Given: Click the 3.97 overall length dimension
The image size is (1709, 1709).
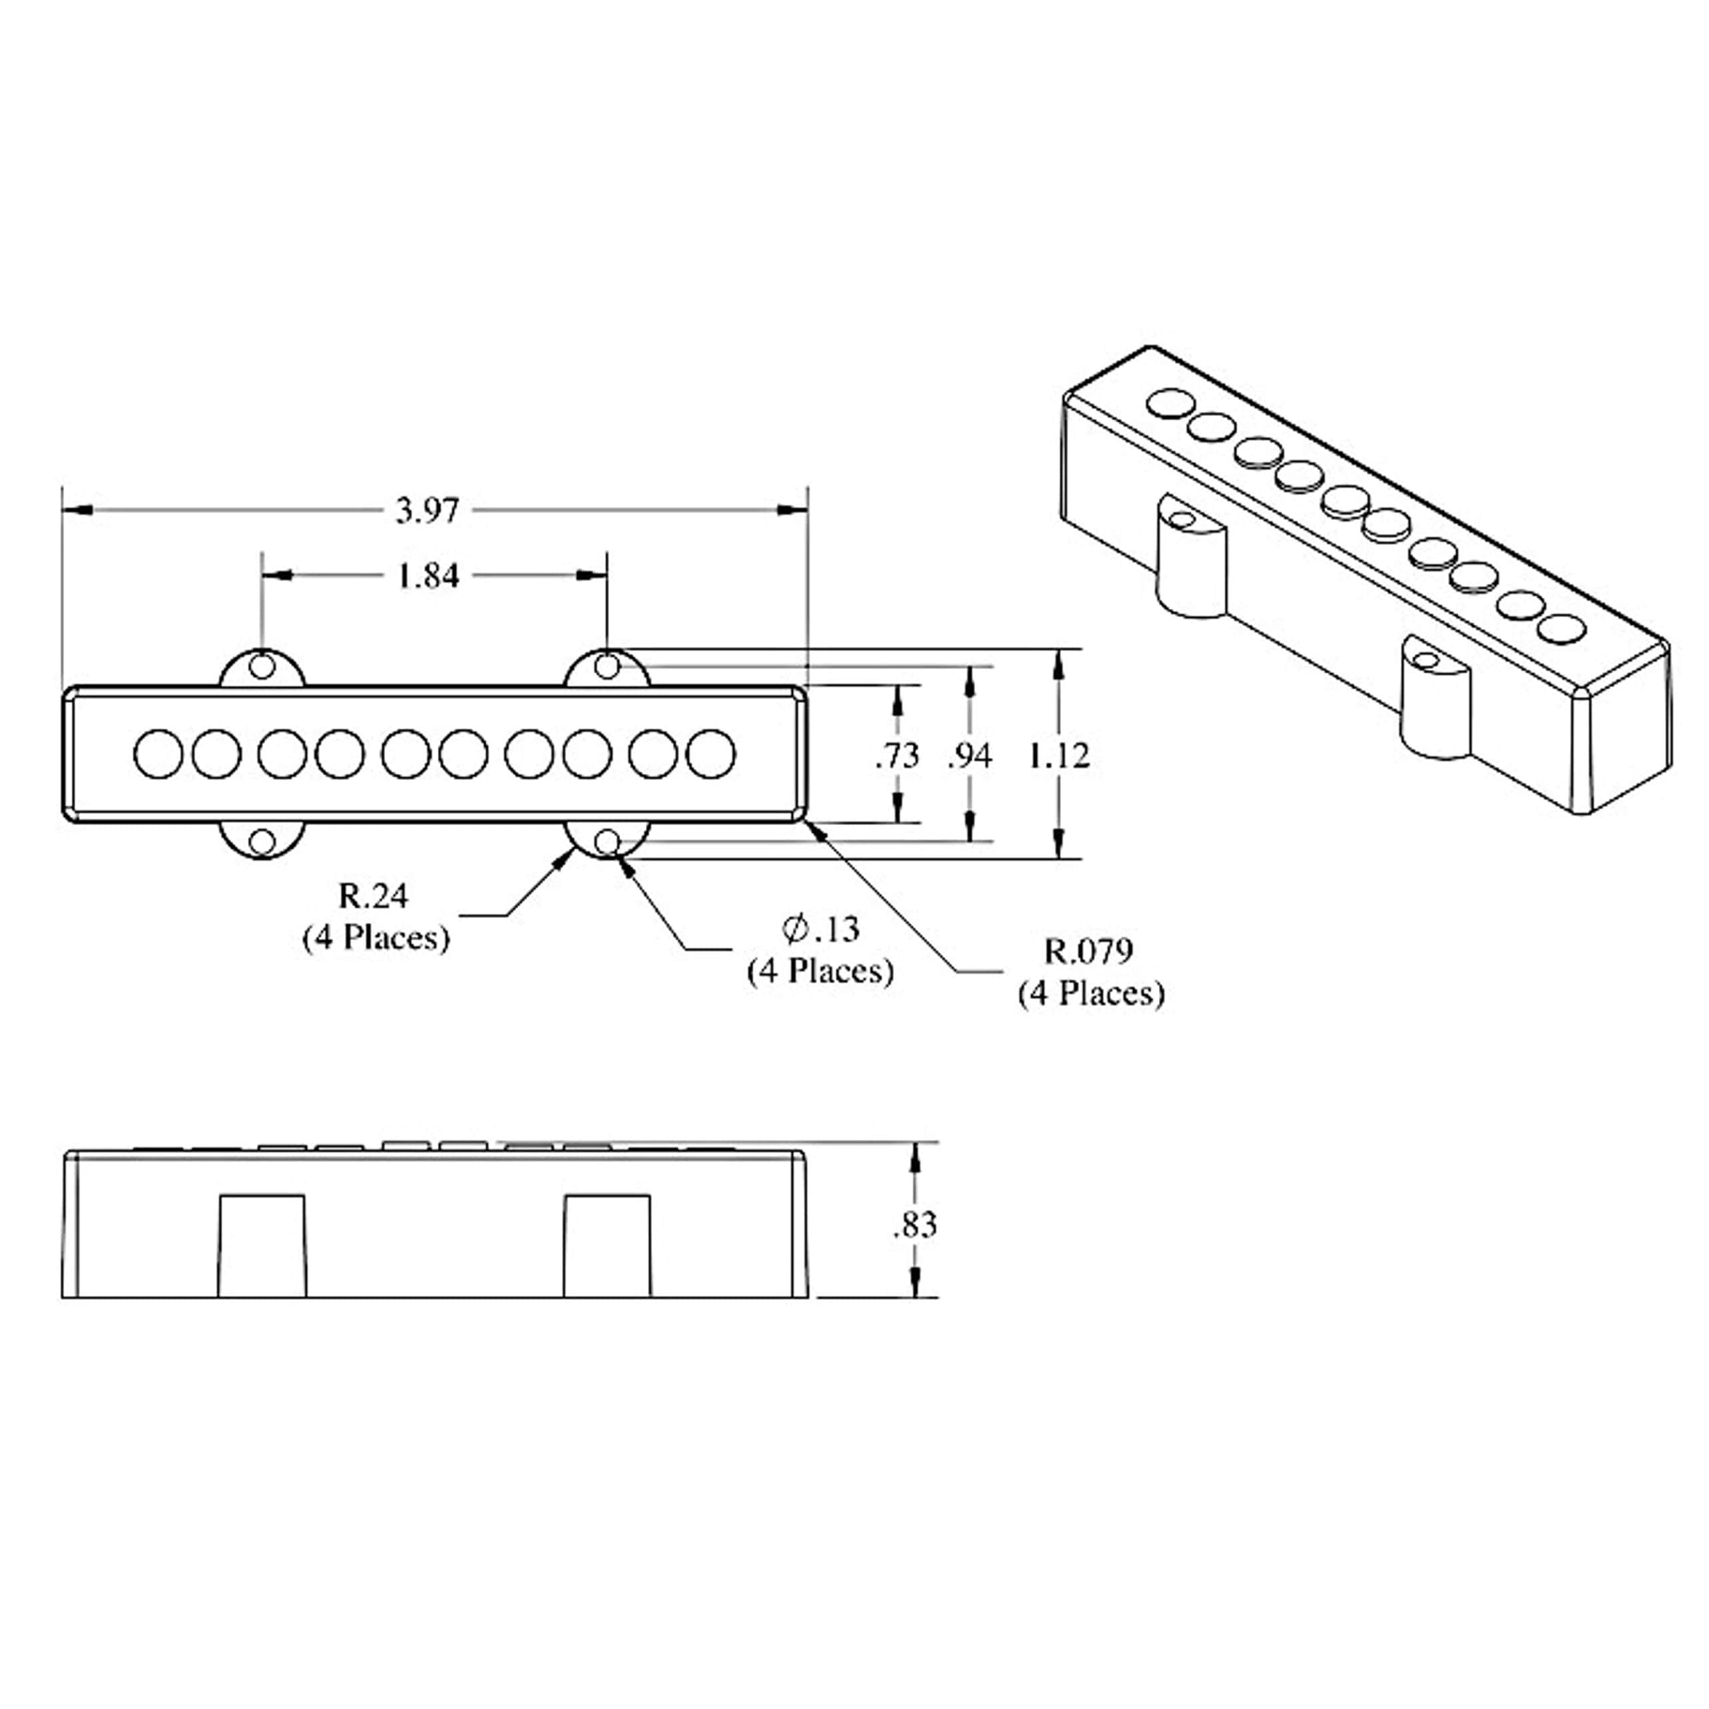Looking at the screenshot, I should click(x=427, y=511).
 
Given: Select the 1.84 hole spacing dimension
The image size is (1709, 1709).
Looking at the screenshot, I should click(x=427, y=576).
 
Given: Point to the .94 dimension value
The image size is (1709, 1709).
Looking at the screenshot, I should click(x=969, y=756).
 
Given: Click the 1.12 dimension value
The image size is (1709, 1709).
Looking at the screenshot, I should click(x=1059, y=756).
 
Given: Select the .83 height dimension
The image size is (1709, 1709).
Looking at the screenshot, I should click(x=914, y=1225).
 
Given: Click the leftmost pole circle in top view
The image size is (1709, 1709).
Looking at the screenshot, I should click(x=158, y=754).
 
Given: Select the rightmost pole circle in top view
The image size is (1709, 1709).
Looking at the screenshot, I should click(x=710, y=754).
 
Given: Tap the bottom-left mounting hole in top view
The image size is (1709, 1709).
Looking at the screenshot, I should click(x=262, y=841).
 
